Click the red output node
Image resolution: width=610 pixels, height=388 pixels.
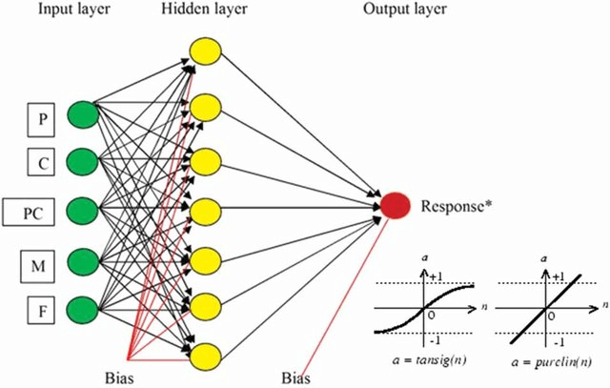coord(396,205)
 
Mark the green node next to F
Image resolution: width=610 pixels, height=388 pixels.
coord(84,308)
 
